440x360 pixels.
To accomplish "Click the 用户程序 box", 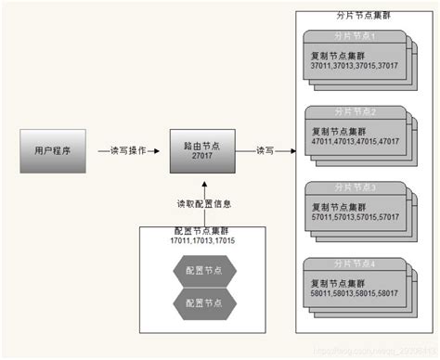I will pos(53,149).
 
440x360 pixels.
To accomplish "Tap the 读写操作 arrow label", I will pos(128,150).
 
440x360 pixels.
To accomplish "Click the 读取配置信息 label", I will pos(204,203).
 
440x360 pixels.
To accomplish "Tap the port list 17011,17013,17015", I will pos(202,240).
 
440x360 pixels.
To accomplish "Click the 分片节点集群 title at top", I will pos(360,17).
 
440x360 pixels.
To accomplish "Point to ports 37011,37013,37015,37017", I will pos(355,65).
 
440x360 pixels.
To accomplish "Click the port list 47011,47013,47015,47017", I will pos(355,141).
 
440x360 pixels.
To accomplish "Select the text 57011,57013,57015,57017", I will pos(355,215).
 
